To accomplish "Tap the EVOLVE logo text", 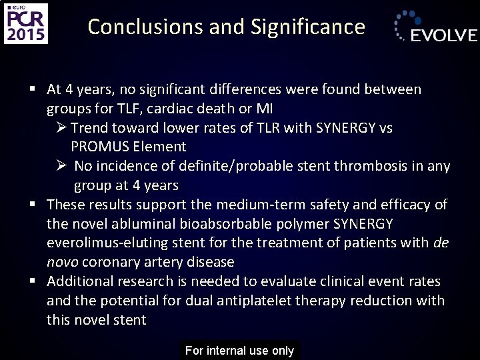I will pyautogui.click(x=443, y=35).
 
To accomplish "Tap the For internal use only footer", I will pyautogui.click(x=239, y=351).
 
